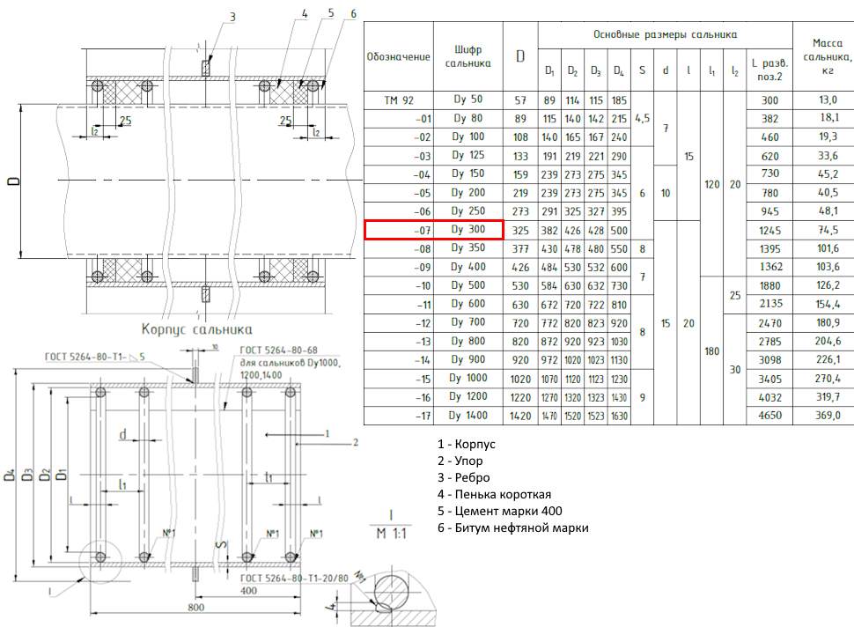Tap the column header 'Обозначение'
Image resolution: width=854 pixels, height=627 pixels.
[399, 56]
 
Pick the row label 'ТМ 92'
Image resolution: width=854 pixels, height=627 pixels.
[399, 100]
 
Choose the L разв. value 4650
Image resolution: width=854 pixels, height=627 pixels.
[769, 415]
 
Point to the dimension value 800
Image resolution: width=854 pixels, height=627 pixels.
[196, 609]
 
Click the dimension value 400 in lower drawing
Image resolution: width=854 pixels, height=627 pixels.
[249, 590]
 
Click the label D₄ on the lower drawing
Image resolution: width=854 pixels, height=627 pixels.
[10, 476]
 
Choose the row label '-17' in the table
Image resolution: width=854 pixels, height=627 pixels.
[399, 415]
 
